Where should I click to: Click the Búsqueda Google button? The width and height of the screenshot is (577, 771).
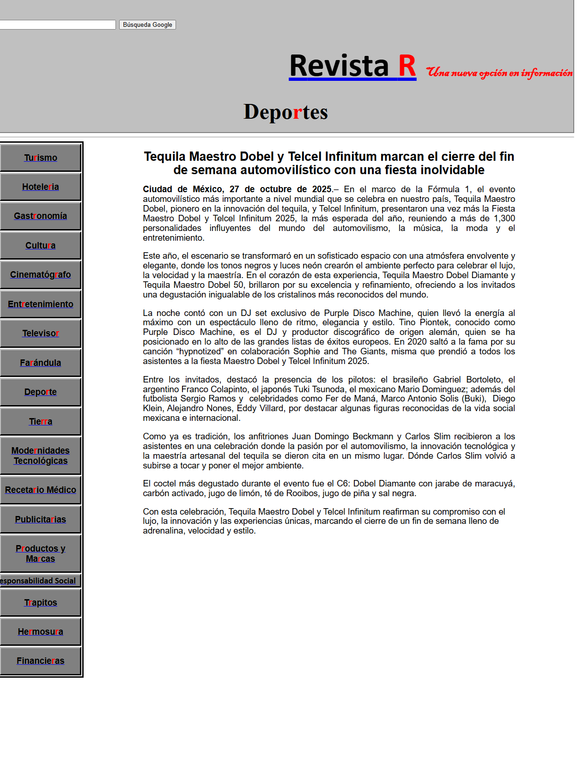(147, 25)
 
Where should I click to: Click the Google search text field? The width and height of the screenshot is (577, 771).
(57, 25)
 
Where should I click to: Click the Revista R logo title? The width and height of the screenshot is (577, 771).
(352, 66)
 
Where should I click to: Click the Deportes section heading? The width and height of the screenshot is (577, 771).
(285, 112)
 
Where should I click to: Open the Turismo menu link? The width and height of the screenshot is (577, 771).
(41, 158)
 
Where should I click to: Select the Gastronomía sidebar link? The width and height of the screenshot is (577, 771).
(41, 216)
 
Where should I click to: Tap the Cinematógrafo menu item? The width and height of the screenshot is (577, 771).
(41, 275)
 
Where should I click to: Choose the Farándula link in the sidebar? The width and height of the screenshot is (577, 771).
(41, 363)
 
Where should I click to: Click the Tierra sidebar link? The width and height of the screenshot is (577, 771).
(41, 422)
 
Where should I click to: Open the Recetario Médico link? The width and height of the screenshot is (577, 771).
(41, 490)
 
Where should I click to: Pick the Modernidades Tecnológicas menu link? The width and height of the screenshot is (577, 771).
(41, 456)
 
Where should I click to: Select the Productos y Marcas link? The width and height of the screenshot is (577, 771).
(41, 554)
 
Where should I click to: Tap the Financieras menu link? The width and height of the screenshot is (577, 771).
(41, 661)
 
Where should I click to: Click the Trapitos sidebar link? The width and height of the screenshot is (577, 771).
(41, 603)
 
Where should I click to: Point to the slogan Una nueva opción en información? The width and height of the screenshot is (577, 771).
(499, 73)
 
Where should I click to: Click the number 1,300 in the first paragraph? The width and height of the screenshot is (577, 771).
(504, 219)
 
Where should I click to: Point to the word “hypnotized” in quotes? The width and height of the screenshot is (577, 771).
(200, 352)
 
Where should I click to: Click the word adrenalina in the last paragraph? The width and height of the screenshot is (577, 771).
(164, 531)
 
